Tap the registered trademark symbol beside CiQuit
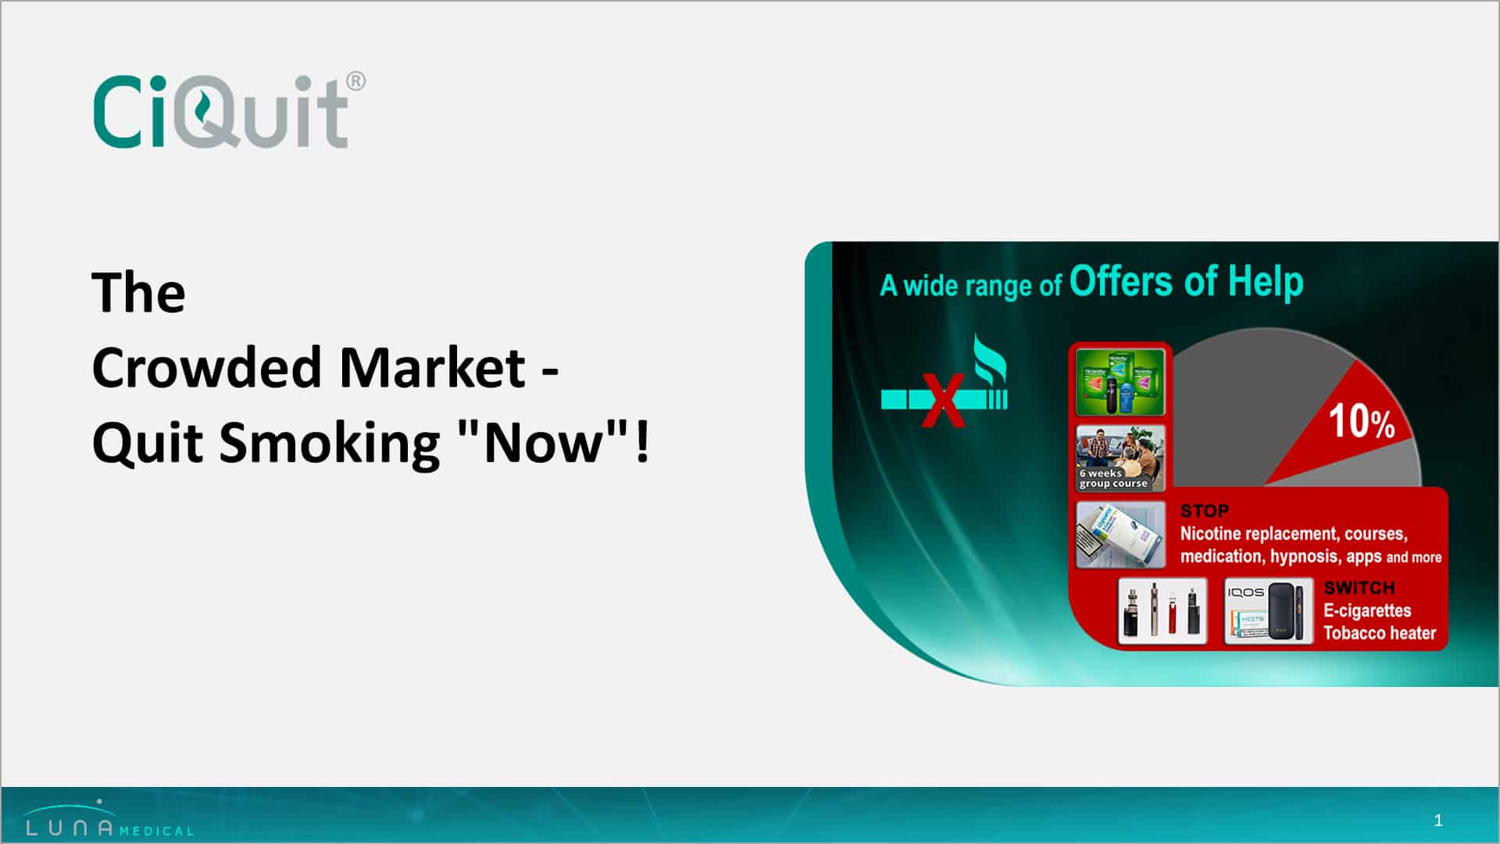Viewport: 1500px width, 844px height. pyautogui.click(x=355, y=81)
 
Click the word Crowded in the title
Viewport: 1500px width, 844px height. pyautogui.click(x=206, y=367)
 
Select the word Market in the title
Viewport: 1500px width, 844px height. pyautogui.click(x=432, y=367)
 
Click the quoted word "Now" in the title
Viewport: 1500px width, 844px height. pyautogui.click(x=542, y=442)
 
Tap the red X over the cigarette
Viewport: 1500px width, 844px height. pyautogui.click(x=942, y=400)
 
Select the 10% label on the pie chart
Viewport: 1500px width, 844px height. pyautogui.click(x=1362, y=422)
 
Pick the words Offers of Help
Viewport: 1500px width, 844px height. pyautogui.click(x=1186, y=281)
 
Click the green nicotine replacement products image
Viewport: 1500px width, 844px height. pyautogui.click(x=1120, y=382)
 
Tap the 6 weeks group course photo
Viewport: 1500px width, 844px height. pyautogui.click(x=1120, y=458)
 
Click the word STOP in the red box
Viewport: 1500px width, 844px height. pyautogui.click(x=1204, y=511)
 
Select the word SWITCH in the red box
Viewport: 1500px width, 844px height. pyautogui.click(x=1359, y=588)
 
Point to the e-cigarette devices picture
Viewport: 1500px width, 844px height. pyautogui.click(x=1162, y=611)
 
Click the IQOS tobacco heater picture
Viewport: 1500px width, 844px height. pyautogui.click(x=1269, y=611)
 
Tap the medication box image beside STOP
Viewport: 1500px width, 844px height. pyautogui.click(x=1120, y=535)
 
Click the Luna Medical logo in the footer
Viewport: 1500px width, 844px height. pyautogui.click(x=109, y=819)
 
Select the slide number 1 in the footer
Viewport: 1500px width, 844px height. pyautogui.click(x=1438, y=821)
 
